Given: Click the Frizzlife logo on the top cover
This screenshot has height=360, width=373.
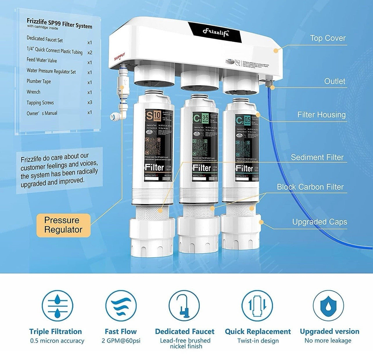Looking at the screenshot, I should (x=216, y=32).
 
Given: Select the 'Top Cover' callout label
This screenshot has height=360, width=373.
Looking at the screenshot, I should (x=328, y=38).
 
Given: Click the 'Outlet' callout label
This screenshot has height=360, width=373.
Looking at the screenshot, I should (x=335, y=81).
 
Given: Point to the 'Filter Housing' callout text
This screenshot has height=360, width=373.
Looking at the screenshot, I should (x=321, y=115).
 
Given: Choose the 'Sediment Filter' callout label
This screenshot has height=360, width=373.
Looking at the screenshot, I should (x=317, y=157).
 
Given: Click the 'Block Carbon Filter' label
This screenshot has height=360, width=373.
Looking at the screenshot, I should (x=310, y=187).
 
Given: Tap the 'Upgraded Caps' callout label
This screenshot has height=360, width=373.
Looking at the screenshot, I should (x=320, y=222).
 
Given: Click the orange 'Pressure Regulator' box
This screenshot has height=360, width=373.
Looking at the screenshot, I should (x=63, y=225).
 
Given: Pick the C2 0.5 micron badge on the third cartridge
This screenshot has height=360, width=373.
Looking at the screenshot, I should (x=243, y=120).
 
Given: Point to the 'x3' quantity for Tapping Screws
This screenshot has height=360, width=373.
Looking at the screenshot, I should (x=90, y=102).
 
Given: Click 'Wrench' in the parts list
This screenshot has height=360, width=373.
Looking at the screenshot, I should (x=33, y=92).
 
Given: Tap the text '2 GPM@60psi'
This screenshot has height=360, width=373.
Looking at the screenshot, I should (x=121, y=341).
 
